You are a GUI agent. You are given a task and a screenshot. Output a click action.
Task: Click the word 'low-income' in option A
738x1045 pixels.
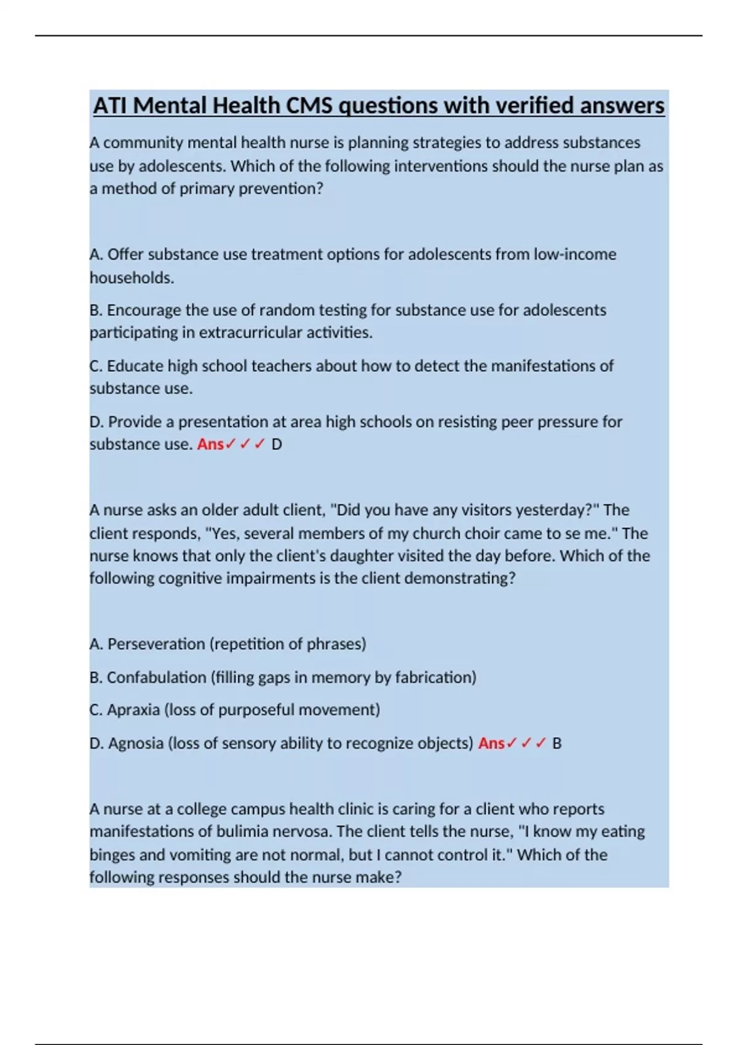[574, 254]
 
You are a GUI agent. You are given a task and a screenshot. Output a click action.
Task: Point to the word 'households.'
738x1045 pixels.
[132, 278]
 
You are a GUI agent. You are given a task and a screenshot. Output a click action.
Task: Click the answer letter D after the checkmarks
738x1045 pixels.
[277, 444]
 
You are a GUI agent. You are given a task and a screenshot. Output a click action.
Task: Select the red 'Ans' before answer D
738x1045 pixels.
[210, 444]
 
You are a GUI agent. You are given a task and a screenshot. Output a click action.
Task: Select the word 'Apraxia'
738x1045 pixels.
[133, 710]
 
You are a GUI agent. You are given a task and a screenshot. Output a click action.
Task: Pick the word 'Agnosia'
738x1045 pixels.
[135, 743]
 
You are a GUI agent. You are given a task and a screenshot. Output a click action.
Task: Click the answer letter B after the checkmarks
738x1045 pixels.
[557, 744]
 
